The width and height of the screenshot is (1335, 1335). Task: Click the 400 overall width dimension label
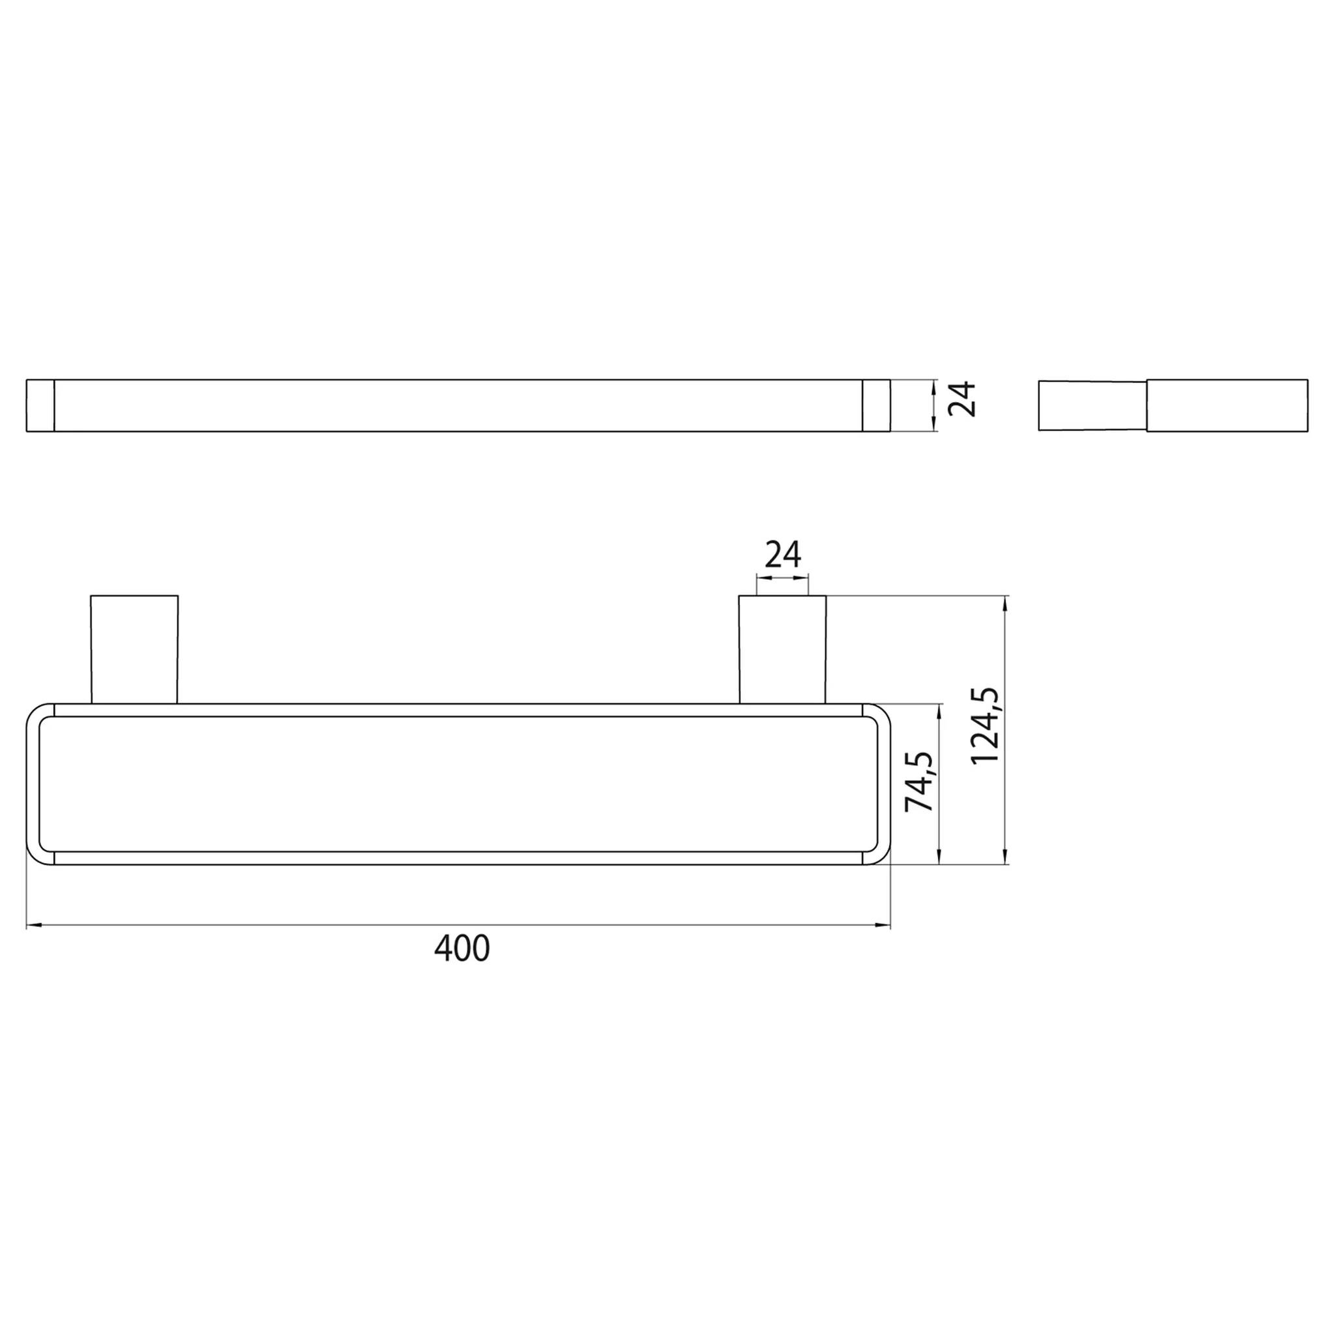(462, 948)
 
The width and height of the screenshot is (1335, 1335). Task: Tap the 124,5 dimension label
(985, 726)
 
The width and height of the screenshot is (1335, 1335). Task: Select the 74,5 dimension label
(920, 782)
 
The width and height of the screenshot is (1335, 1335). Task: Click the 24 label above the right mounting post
(783, 554)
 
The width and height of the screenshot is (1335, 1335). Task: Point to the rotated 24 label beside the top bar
(962, 399)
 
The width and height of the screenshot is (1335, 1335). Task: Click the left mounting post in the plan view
(134, 649)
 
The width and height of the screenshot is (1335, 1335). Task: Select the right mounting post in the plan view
(782, 649)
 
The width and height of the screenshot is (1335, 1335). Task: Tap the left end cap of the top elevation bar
(40, 405)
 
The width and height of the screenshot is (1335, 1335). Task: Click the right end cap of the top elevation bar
(876, 405)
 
